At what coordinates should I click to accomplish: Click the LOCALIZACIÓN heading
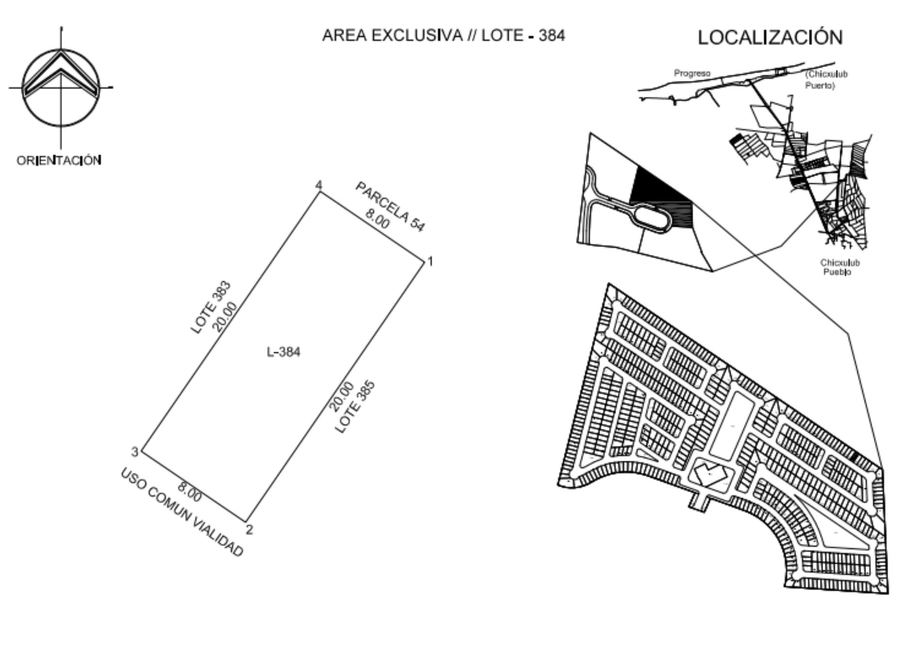click(770, 37)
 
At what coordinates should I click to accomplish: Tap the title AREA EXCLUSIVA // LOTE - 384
click(444, 35)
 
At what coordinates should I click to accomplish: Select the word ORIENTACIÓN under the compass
click(59, 160)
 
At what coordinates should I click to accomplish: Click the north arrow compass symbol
click(61, 88)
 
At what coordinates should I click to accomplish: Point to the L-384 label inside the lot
click(284, 352)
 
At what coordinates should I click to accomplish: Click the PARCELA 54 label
click(390, 206)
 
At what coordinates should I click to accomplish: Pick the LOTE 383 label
click(211, 308)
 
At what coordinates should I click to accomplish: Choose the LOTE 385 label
click(355, 407)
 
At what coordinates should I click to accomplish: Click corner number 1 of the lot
click(430, 262)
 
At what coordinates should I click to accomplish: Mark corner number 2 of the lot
click(249, 529)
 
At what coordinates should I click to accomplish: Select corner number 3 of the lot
click(135, 452)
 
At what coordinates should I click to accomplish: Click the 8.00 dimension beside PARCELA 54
click(378, 218)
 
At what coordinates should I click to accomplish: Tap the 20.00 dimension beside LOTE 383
click(226, 317)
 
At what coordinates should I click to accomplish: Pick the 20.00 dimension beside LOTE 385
click(341, 396)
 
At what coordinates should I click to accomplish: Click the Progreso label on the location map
click(692, 73)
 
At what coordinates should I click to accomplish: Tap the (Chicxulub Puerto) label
click(826, 80)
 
